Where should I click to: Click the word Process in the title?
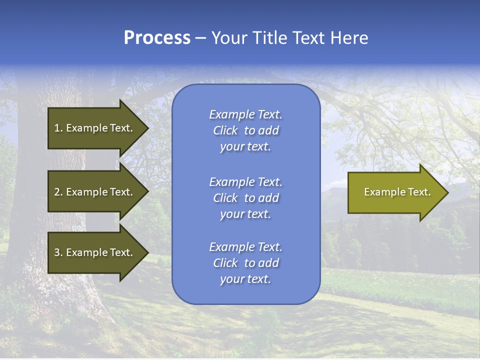coord(157,38)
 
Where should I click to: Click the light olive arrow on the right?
coord(395,192)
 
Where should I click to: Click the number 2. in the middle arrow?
coord(58,192)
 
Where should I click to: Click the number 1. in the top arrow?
coord(58,128)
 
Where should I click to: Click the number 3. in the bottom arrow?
coord(58,252)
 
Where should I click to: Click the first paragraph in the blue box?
coord(245,130)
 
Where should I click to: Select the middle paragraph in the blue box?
coord(245,198)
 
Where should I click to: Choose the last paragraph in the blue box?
coord(245,263)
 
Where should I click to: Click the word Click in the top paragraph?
coord(225,130)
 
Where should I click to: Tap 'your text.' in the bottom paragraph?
coord(245,279)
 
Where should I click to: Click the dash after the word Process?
coord(200,38)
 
